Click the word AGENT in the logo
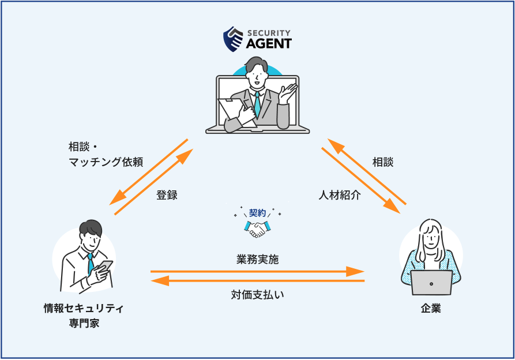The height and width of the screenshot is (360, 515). (x=269, y=43)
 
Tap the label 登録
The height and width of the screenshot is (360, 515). (x=167, y=195)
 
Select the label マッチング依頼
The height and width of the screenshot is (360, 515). (x=106, y=162)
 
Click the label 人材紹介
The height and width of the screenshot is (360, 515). (x=340, y=195)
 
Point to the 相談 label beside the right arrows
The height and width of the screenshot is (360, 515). (x=382, y=162)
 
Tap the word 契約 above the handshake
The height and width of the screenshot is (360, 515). (x=257, y=213)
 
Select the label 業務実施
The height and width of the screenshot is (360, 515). (x=257, y=260)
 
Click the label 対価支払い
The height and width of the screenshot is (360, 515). (x=257, y=295)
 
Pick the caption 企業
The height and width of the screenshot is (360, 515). (x=430, y=309)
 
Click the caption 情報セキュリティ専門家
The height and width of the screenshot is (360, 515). (x=84, y=315)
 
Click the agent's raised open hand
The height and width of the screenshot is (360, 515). (x=288, y=92)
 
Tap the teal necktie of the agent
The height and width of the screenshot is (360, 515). (x=257, y=104)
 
